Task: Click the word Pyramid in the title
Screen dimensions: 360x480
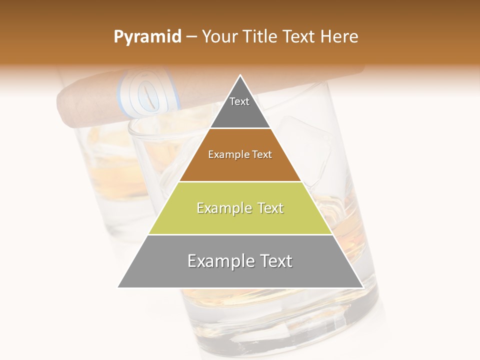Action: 147,37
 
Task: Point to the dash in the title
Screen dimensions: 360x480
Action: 191,37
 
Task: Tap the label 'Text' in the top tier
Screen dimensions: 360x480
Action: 239,101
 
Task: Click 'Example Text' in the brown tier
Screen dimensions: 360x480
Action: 240,154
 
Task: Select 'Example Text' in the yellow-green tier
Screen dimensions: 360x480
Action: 240,208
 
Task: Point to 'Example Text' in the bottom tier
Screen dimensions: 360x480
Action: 240,261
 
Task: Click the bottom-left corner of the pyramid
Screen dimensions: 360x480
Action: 118,287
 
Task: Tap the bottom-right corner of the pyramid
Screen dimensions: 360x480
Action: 362,287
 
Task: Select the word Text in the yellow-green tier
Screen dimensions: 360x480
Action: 267,208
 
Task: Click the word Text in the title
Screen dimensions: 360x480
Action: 299,37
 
